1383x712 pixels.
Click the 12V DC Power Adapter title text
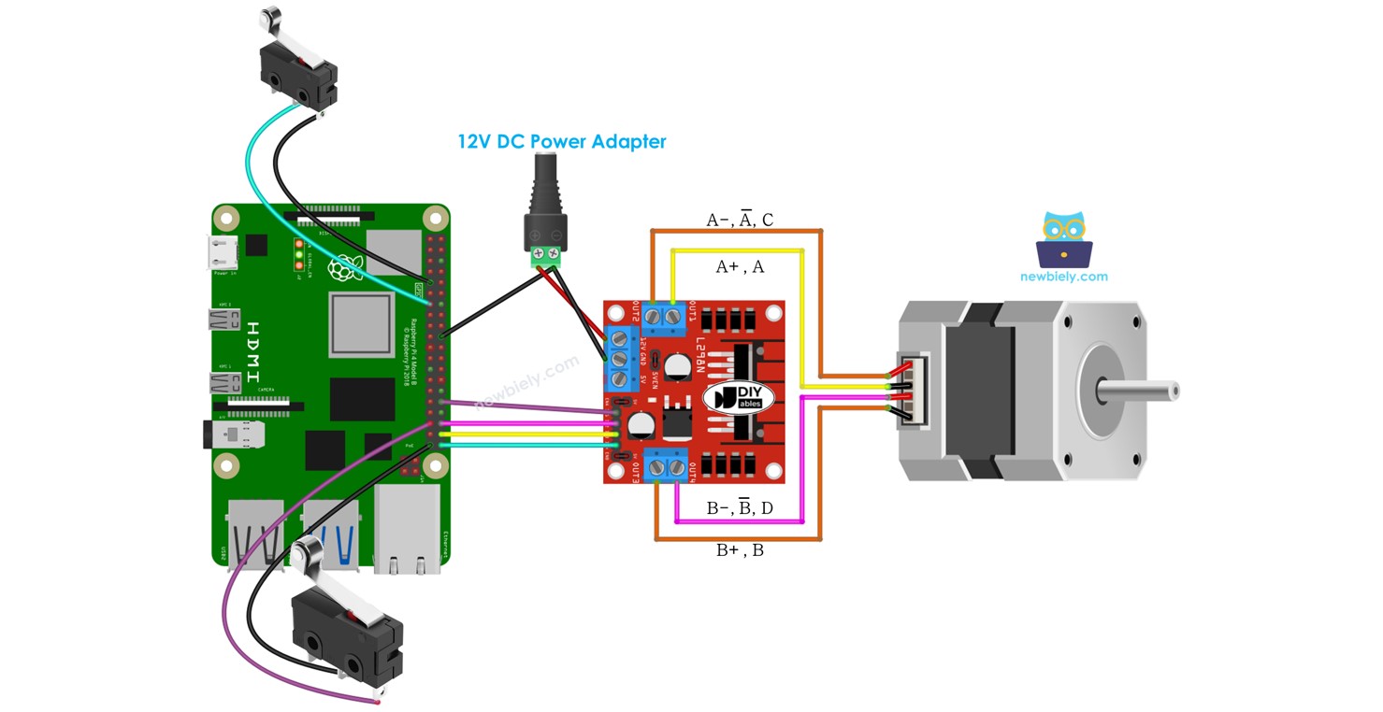(561, 142)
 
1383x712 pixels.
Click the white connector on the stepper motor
(909, 392)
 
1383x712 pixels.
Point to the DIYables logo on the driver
(739, 396)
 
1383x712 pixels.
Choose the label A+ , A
(740, 267)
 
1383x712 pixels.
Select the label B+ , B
(740, 550)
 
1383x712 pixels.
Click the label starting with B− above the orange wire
(740, 508)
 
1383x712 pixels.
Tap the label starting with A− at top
(740, 221)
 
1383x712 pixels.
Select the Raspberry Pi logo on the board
(342, 267)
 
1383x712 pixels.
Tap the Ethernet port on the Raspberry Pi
(406, 529)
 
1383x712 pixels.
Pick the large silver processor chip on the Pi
(361, 324)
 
